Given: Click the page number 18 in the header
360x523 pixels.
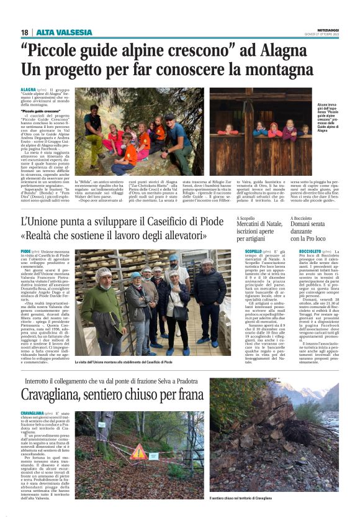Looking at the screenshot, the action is [24, 32].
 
